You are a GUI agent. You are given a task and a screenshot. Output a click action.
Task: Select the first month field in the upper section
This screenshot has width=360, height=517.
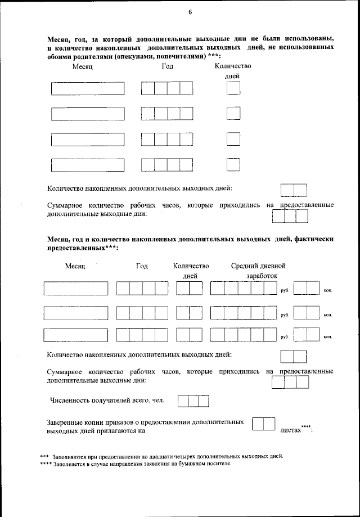click(x=87, y=88)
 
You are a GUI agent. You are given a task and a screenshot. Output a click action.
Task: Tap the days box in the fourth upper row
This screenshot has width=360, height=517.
click(x=233, y=164)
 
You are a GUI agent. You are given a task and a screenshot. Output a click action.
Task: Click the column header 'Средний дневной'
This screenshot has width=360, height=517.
click(x=258, y=266)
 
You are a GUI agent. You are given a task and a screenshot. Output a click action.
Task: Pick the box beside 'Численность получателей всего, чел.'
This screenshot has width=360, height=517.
click(x=193, y=401)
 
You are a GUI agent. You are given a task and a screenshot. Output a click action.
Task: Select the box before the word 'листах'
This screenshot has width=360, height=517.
click(x=263, y=424)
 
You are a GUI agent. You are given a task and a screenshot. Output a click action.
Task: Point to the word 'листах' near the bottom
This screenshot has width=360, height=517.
click(x=291, y=430)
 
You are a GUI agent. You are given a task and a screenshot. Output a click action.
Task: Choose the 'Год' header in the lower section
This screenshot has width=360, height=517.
click(x=142, y=266)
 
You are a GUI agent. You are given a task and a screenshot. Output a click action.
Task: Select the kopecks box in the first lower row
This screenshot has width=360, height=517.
click(x=307, y=289)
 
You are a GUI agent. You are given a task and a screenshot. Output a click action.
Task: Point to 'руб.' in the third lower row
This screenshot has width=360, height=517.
click(x=285, y=336)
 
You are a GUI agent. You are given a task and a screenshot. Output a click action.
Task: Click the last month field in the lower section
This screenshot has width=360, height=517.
click(x=76, y=334)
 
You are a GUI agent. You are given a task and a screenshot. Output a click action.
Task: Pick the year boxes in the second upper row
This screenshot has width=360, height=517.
click(x=166, y=114)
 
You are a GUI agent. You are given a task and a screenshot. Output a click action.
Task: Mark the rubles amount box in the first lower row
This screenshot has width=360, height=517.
click(x=244, y=289)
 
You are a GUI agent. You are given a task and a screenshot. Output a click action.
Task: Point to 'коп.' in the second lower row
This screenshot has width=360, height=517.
click(x=327, y=314)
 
